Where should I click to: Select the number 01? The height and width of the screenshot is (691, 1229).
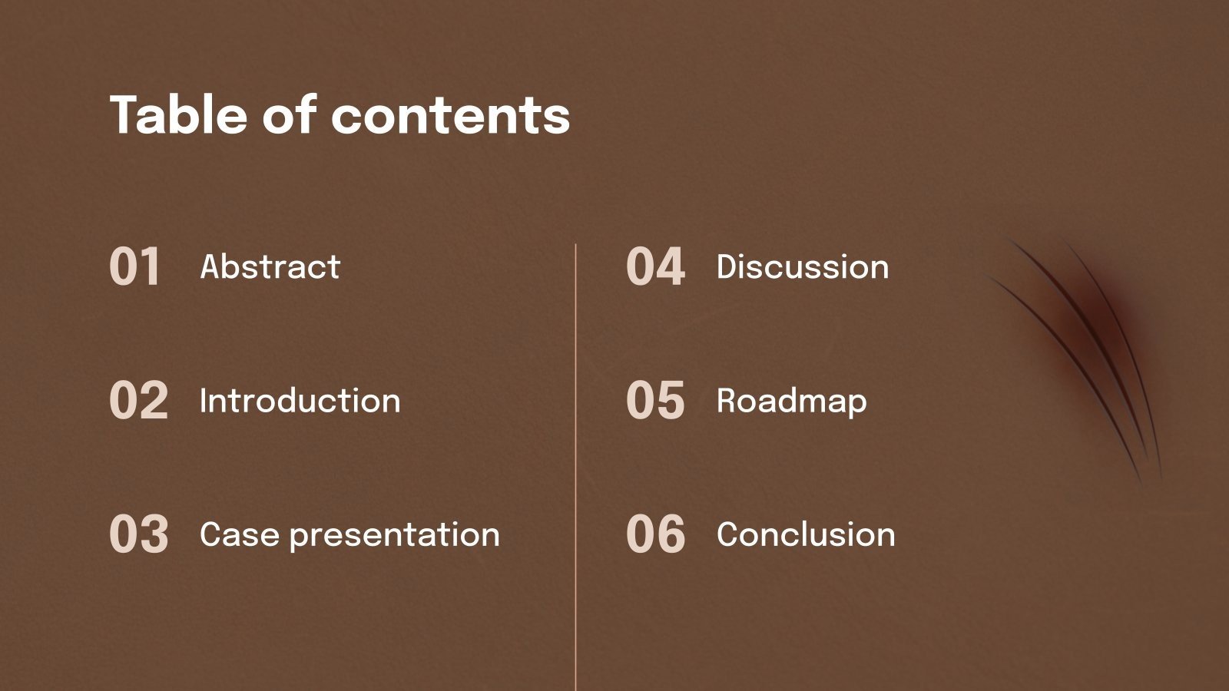point(135,267)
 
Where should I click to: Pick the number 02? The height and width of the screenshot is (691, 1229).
point(138,401)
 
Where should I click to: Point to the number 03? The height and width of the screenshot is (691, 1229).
point(138,534)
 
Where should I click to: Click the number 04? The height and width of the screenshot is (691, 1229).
point(654,267)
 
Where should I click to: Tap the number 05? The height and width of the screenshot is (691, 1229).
point(654,401)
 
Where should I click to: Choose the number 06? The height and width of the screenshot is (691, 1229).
point(654,534)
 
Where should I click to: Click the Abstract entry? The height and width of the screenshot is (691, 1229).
point(270,267)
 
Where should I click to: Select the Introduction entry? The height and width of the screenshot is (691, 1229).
point(300,401)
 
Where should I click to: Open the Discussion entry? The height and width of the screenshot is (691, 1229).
point(802,267)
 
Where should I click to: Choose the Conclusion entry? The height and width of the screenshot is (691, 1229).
point(806,534)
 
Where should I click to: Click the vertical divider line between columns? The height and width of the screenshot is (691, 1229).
point(575,461)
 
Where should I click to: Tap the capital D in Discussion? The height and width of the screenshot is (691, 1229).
point(727,267)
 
